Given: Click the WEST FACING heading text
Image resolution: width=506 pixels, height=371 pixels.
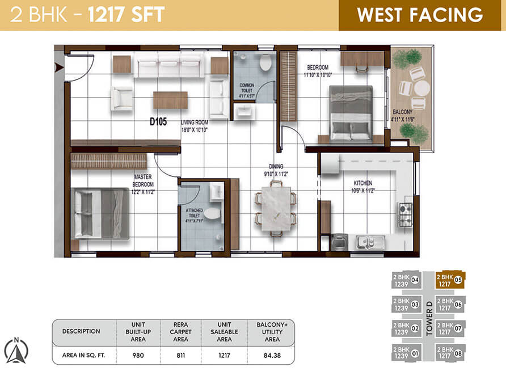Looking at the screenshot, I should tap(420, 15).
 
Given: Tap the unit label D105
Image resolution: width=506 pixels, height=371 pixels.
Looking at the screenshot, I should tap(158, 121).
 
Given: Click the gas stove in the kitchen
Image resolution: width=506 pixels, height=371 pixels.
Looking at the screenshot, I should tap(406, 214).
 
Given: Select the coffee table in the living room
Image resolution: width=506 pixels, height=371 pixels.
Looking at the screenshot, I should tap(170, 100).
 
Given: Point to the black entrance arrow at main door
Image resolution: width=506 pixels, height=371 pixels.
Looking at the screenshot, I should tap(58, 68).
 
